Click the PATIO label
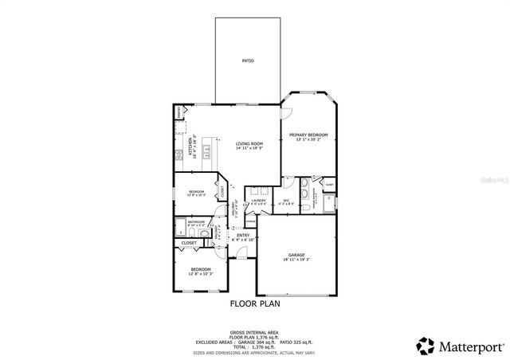[x=248, y=61]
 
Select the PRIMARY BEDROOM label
[x=308, y=135]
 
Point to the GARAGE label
[x=296, y=255]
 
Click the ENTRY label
[x=243, y=236]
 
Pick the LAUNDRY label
[x=258, y=201]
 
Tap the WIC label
[x=286, y=201]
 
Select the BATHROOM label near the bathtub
[x=197, y=222]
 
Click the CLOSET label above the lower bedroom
[x=189, y=242]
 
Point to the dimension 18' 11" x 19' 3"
[x=296, y=260]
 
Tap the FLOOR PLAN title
[x=255, y=303]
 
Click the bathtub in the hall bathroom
[x=180, y=225]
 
